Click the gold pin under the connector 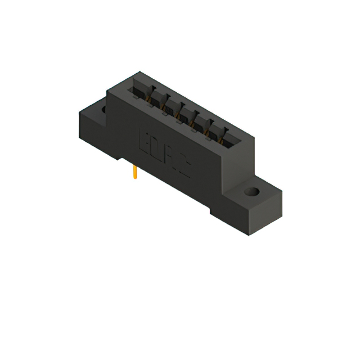tap(135, 173)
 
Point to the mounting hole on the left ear tap(105, 111)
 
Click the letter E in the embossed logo tap(143, 140)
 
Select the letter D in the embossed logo tap(155, 148)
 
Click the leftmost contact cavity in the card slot tap(138, 91)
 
